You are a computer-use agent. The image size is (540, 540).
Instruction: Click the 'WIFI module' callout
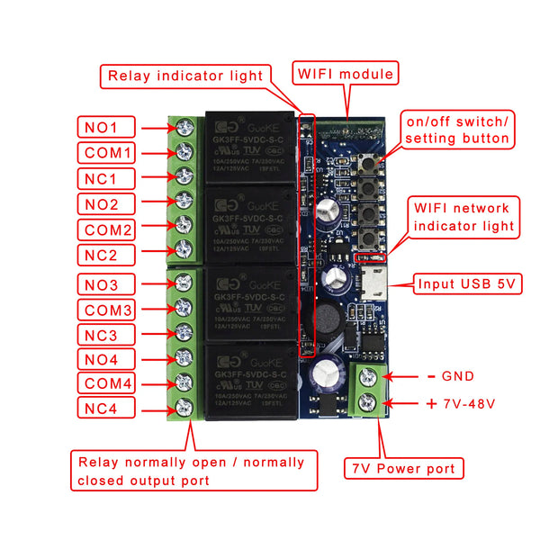coord(346,73)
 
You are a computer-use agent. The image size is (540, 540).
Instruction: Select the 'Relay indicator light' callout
coord(186,76)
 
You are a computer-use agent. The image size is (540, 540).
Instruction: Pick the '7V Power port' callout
coord(404,468)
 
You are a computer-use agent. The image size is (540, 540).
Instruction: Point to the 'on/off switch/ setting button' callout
coord(457,130)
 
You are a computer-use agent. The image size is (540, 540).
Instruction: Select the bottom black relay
coord(249,382)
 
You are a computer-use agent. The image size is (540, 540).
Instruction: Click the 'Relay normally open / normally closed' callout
coord(193,472)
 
